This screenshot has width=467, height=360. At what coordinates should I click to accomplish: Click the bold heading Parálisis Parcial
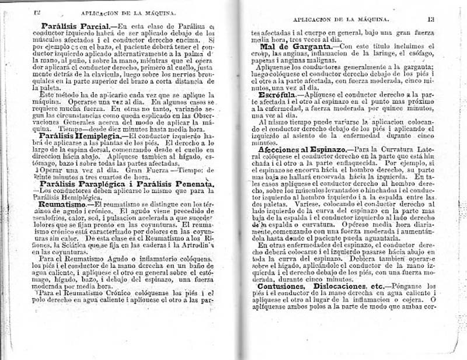coord(75,26)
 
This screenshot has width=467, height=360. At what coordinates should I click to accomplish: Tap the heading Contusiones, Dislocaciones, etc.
coord(319,286)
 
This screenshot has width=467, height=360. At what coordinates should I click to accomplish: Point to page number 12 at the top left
coord(36,11)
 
